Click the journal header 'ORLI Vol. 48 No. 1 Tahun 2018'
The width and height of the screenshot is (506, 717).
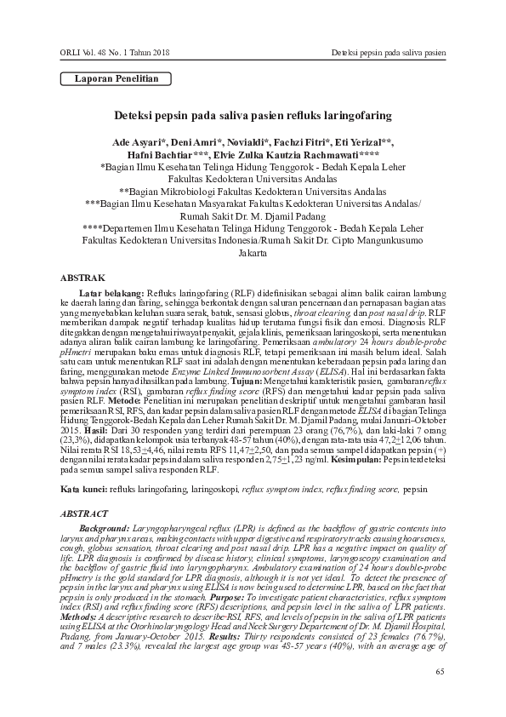click(115, 54)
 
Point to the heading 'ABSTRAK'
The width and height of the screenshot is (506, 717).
click(82, 278)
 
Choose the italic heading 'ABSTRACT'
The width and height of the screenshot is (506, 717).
click(84, 514)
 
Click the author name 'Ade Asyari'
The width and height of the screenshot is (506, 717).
click(139, 141)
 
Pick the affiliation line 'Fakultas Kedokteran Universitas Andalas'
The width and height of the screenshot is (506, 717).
click(252, 180)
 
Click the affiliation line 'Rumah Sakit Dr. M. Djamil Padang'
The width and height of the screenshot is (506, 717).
click(252, 216)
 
